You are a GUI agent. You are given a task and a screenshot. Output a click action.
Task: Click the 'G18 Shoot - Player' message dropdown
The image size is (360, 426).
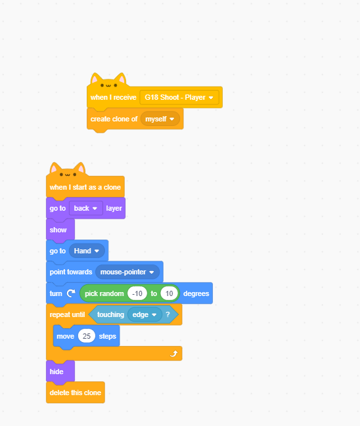coord(179,97)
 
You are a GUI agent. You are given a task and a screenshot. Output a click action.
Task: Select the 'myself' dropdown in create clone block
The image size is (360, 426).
coord(160,119)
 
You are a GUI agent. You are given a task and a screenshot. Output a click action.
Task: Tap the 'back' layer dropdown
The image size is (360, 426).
coord(86,208)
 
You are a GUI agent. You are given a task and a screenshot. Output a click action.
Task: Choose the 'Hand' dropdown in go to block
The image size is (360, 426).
coord(87,251)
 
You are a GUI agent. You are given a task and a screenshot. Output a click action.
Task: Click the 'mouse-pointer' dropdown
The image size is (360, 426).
coord(127,272)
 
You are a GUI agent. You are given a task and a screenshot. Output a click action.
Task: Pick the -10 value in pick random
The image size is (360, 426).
coord(137,293)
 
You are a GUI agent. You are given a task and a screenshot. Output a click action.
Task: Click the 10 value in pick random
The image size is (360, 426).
coord(169,293)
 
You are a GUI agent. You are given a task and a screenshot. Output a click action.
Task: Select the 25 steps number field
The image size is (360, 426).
coord(87,336)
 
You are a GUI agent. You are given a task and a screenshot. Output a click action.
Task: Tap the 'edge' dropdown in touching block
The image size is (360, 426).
coord(145,314)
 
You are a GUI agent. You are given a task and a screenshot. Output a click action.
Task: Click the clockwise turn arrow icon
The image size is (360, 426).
coord(71,293)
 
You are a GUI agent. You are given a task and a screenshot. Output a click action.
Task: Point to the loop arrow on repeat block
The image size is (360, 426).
coord(173,353)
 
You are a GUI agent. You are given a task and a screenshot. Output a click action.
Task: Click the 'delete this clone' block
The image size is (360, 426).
coord(76,393)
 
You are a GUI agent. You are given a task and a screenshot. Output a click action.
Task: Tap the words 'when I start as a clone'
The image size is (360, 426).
coord(85,187)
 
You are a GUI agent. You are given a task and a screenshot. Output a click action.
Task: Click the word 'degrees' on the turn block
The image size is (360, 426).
coord(196,293)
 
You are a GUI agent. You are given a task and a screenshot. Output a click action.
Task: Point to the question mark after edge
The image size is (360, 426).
coord(168,314)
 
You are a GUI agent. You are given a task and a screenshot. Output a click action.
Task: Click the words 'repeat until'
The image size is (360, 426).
coord(67,314)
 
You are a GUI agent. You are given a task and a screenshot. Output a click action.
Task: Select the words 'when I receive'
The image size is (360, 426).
coord(114,97)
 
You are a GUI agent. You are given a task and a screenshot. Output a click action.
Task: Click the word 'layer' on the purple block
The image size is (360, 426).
coord(114,208)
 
